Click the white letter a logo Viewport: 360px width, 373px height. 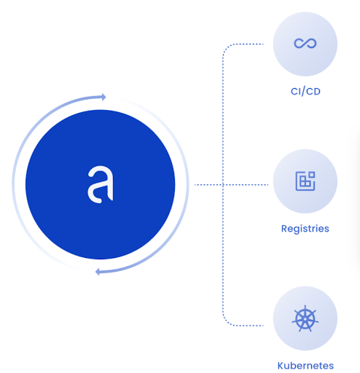click(x=101, y=184)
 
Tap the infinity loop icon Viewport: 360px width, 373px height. click(x=305, y=44)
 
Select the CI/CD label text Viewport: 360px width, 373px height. click(x=305, y=92)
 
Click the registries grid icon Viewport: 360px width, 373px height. click(x=305, y=181)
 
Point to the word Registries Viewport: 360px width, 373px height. click(x=305, y=229)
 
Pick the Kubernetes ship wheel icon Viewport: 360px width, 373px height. click(x=305, y=318)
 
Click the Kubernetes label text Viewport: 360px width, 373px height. click(x=305, y=366)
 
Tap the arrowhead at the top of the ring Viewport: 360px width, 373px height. click(x=103, y=97)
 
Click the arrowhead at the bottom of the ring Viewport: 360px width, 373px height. click(x=98, y=272)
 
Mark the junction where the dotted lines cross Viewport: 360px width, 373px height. click(x=223, y=185)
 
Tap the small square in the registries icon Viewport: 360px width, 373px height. click(x=312, y=175)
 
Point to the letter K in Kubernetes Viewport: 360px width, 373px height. click(x=281, y=366)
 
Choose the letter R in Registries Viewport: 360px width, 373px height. click(x=284, y=229)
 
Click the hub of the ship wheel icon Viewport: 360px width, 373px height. click(x=305, y=319)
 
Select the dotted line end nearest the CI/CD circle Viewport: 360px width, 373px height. click(x=263, y=44)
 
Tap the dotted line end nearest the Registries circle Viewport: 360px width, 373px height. click(x=268, y=185)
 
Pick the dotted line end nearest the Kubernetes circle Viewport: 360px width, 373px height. click(x=263, y=326)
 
